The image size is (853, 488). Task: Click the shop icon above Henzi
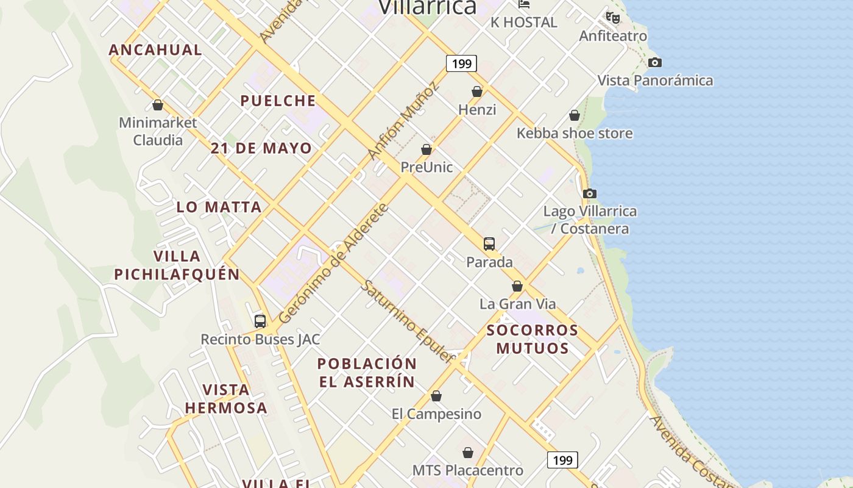click(477, 91)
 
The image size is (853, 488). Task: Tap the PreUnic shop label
click(426, 167)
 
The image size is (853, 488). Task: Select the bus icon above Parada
click(489, 244)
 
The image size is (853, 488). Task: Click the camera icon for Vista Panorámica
click(654, 62)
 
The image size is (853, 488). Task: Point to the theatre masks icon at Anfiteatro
click(613, 18)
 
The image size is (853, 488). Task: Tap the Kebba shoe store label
click(575, 133)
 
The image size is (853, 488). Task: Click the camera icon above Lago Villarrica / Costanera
click(589, 193)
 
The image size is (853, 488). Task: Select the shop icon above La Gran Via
click(517, 286)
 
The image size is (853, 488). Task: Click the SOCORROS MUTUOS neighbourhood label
click(533, 339)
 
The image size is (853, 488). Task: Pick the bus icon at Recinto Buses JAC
click(260, 321)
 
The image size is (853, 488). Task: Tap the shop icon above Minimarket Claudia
click(158, 105)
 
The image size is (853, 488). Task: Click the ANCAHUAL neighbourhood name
click(155, 50)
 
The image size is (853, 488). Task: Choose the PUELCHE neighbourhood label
click(278, 101)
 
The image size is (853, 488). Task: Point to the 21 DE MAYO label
click(261, 148)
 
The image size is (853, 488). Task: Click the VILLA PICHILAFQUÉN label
click(177, 265)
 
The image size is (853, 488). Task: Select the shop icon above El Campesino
click(436, 396)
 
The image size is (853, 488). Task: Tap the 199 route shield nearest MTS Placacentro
click(562, 460)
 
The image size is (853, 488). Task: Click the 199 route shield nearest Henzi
click(461, 63)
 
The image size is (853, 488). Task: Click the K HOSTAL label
click(524, 23)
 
